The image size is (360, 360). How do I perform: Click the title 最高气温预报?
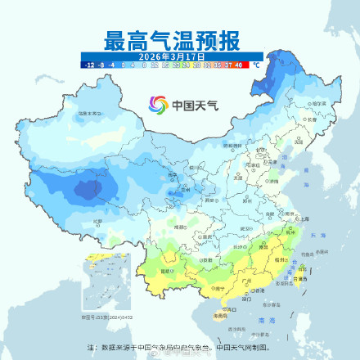(x=171, y=39)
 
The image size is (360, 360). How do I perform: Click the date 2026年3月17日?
(x=171, y=55)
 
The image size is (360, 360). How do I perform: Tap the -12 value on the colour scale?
(x=87, y=64)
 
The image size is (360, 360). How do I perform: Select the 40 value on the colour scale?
(x=239, y=64)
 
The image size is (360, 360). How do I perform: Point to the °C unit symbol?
(x=255, y=64)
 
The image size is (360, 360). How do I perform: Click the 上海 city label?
(x=304, y=219)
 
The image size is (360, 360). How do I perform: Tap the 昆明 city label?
(x=167, y=270)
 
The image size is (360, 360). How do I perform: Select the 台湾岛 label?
(x=301, y=279)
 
